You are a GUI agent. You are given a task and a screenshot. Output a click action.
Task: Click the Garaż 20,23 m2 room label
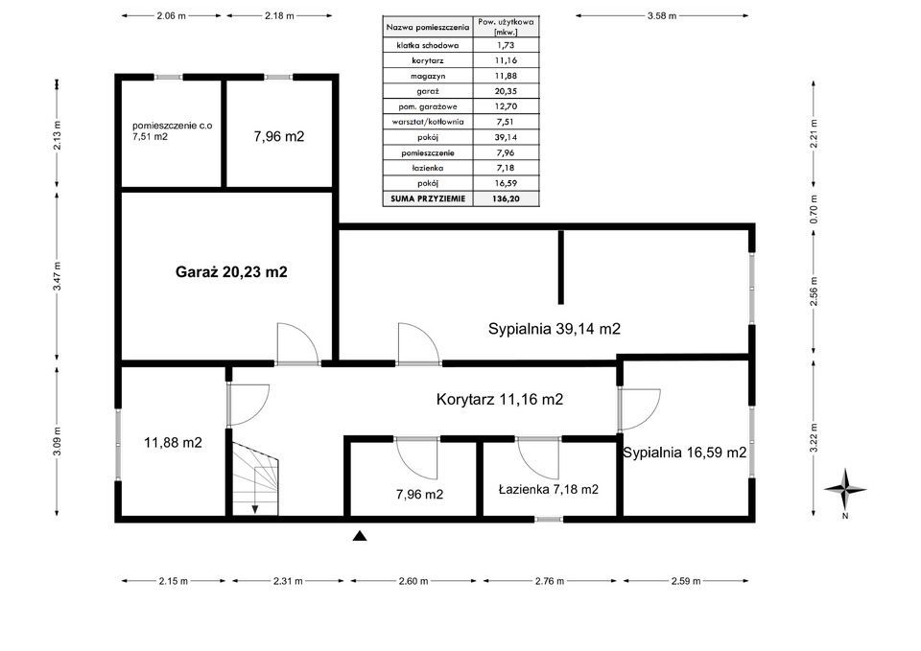click(231, 271)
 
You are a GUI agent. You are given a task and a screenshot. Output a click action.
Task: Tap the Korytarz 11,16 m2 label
click(499, 399)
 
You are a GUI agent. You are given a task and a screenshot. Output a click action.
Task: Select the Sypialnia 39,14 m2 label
click(554, 329)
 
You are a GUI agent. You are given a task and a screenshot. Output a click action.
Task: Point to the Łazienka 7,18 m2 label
click(548, 489)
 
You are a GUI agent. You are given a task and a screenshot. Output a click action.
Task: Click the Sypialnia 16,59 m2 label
click(684, 453)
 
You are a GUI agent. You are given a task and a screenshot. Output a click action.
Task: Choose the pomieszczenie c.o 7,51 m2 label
click(172, 131)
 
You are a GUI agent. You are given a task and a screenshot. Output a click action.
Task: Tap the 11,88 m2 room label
click(173, 443)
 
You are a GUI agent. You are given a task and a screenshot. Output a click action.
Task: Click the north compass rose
click(844, 489)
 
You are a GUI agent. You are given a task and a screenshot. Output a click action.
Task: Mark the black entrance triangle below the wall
click(360, 535)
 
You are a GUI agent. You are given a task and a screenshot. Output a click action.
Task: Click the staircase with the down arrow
click(255, 478)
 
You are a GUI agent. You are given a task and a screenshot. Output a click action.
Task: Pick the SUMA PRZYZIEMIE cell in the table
click(428, 199)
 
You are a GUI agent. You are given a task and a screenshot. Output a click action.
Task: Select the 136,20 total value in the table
click(506, 199)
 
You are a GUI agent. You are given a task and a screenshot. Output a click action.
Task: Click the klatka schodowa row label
click(428, 45)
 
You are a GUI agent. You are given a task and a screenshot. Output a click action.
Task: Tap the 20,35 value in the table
click(506, 91)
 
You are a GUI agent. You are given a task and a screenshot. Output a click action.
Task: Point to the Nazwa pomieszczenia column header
click(428, 27)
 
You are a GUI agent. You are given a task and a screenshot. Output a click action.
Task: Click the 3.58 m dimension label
click(661, 16)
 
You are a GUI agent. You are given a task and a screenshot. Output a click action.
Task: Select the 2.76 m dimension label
click(549, 581)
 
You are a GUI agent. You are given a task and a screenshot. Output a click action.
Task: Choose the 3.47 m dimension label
click(57, 276)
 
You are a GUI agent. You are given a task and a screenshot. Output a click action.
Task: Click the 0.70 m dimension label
click(814, 210)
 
